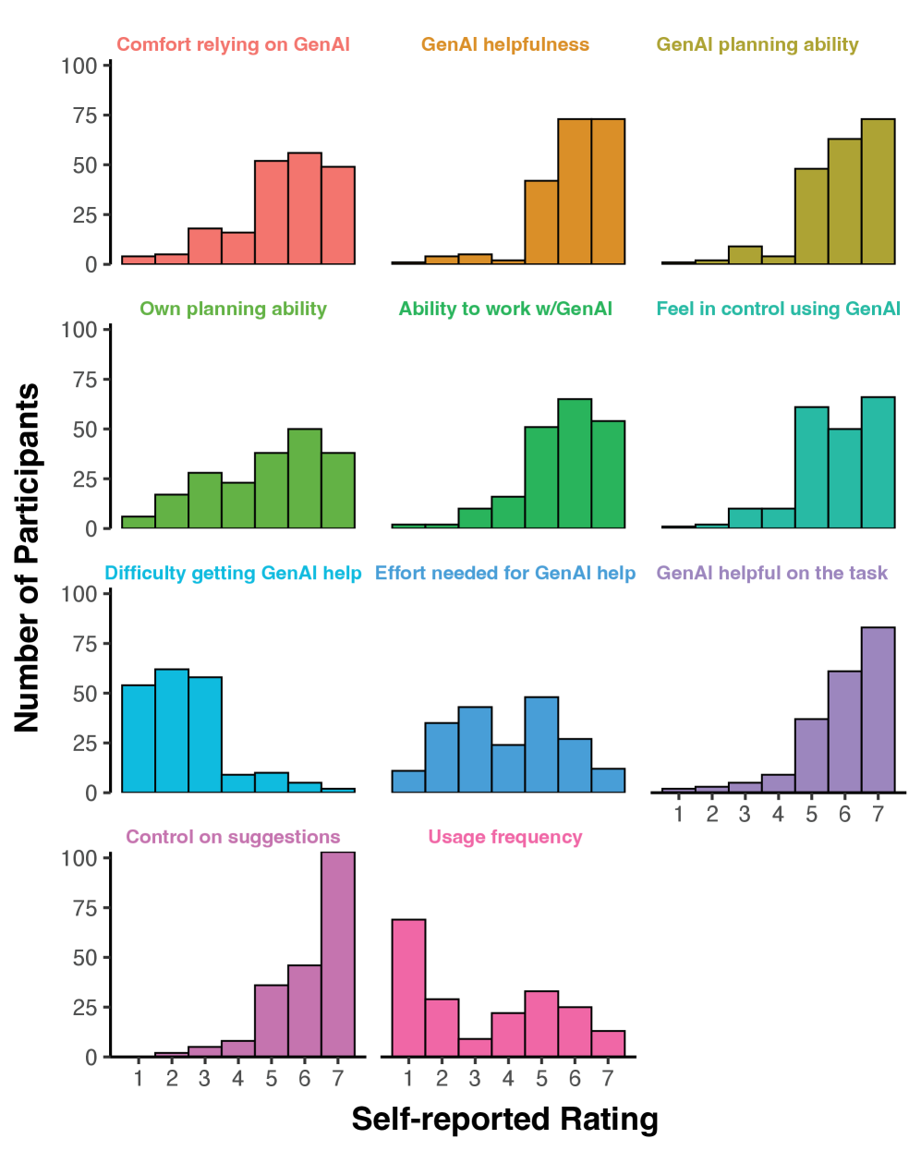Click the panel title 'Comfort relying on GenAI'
[x=233, y=44]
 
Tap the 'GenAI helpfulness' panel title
[x=504, y=44]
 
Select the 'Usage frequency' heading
[x=504, y=837]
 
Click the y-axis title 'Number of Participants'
[x=27, y=557]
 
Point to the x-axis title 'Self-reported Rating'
[x=504, y=1119]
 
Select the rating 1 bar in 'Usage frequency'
[x=408, y=987]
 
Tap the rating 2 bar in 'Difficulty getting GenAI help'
[x=172, y=731]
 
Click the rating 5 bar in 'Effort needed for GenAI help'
[x=541, y=745]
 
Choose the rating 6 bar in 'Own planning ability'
[x=305, y=479]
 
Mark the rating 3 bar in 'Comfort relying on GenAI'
[x=205, y=246]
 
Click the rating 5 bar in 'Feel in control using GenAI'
[x=811, y=467]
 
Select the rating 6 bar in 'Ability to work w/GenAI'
[x=575, y=464]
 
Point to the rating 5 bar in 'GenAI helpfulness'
[x=541, y=222]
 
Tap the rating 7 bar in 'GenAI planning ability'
[x=878, y=191]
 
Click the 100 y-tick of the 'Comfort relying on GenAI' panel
[x=79, y=66]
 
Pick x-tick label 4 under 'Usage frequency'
[x=508, y=1078]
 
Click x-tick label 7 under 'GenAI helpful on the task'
[x=878, y=814]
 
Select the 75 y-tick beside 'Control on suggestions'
[x=84, y=908]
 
